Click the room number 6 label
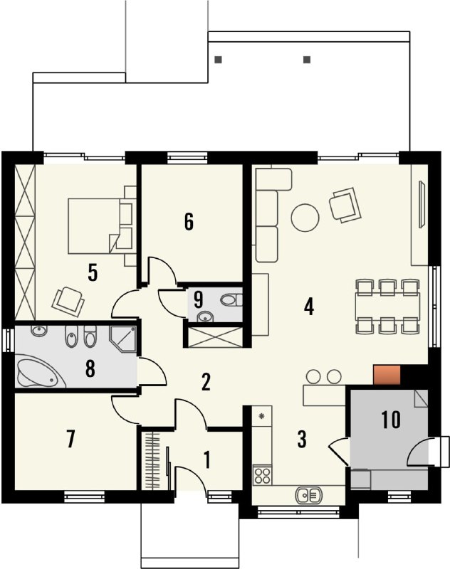coord(189,222)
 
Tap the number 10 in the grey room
coord(391,420)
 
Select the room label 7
coord(70,439)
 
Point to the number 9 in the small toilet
coord(199,299)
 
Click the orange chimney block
coord(387,376)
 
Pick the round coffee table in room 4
coord(305,218)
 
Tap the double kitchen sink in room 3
coord(309,495)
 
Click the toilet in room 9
coord(231,300)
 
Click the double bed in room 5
coord(95,225)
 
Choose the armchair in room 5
coord(68,299)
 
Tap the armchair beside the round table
coord(345,205)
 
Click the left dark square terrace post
coord(218,60)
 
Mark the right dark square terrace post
coord(307,60)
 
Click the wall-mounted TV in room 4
coord(422,204)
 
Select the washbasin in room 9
coord(206,317)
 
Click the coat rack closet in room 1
coord(152,460)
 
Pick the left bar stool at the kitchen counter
coord(313,377)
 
